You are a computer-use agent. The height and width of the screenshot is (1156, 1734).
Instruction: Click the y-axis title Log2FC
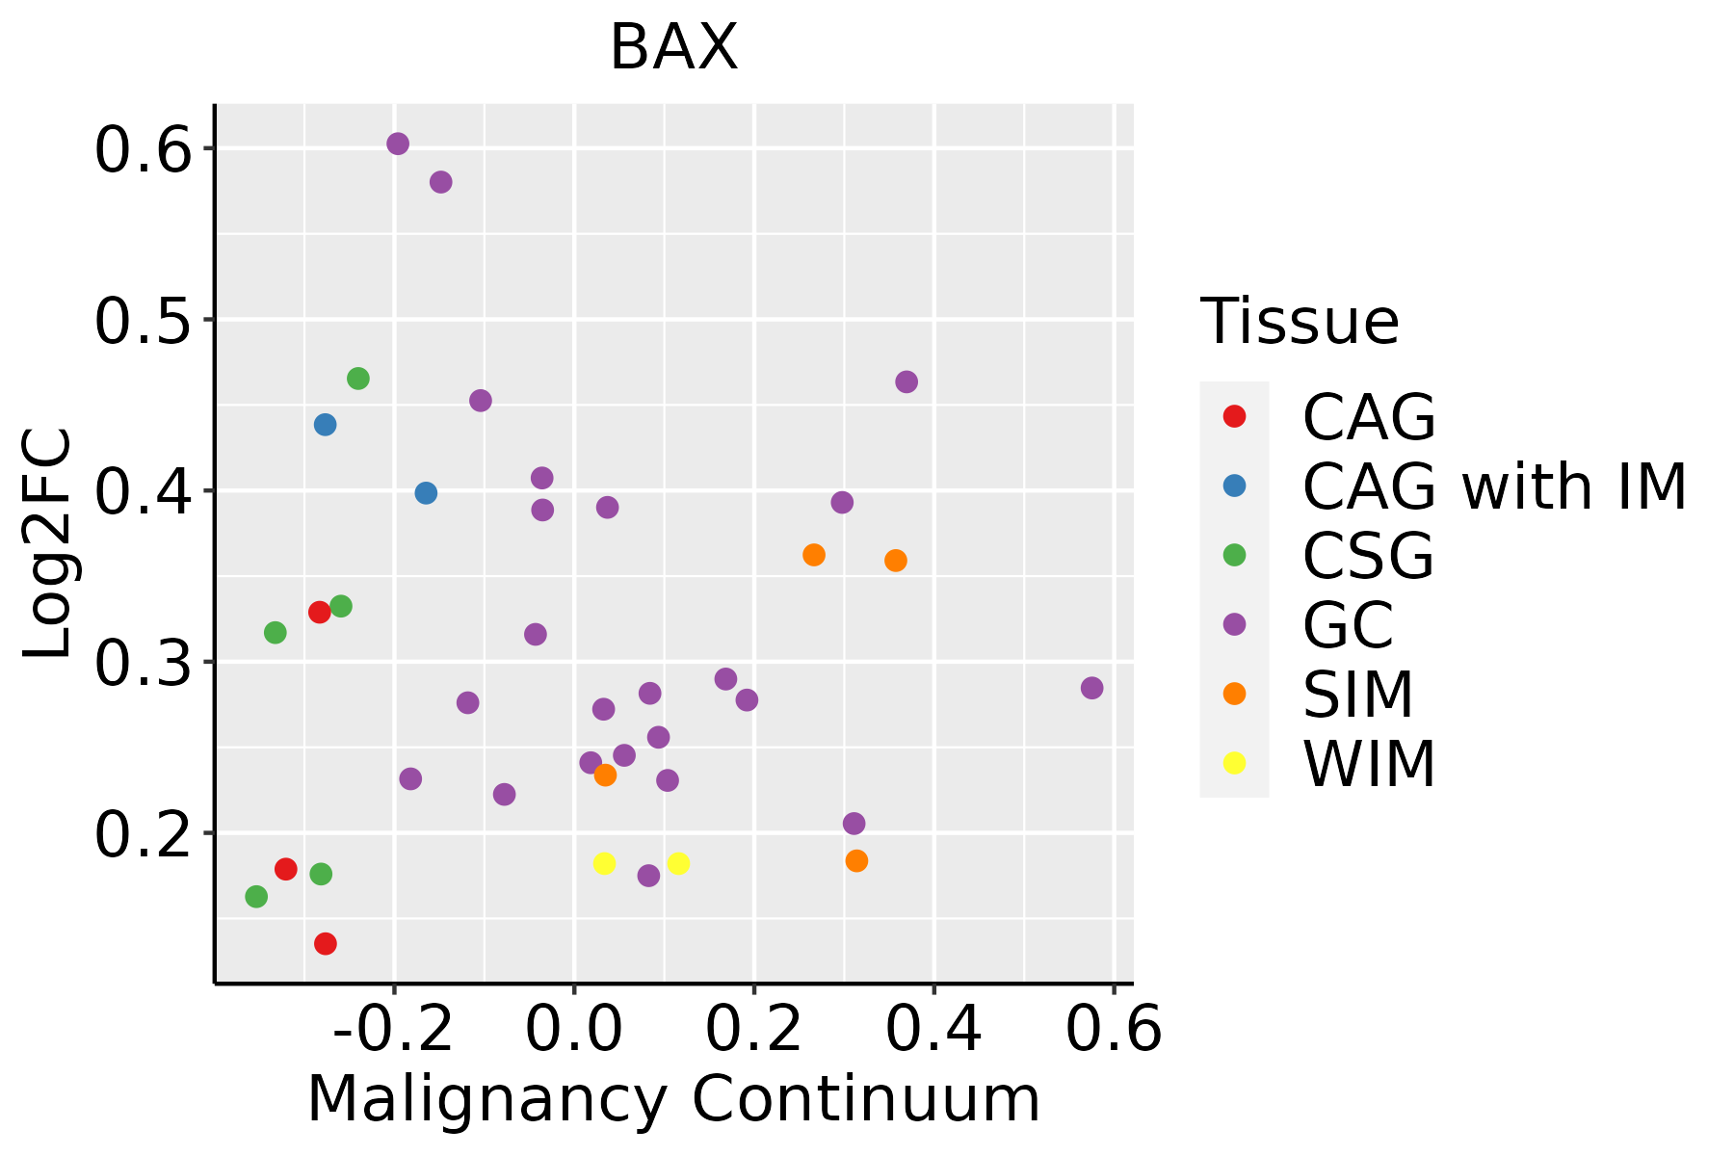pos(48,544)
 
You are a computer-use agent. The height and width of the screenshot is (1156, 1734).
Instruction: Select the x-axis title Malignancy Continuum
pos(673,1099)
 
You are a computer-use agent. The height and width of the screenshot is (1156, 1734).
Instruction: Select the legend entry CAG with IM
pos(1494,486)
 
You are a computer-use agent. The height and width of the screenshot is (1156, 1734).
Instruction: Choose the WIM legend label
pos(1369,764)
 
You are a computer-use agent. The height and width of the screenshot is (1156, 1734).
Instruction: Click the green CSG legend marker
pos(1234,555)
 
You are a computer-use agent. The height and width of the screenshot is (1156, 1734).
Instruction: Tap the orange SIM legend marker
pos(1234,694)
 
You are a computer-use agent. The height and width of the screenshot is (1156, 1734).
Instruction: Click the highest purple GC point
pos(398,144)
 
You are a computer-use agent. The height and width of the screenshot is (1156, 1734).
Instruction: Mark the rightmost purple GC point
pos(1091,688)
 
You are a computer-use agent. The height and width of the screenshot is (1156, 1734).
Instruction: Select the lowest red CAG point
pos(326,943)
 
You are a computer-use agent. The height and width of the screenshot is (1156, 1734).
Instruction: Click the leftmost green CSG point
pos(256,897)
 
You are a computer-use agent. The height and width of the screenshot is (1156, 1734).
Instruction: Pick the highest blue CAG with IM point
pos(326,425)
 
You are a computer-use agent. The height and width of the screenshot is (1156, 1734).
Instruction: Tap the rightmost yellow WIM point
pos(678,863)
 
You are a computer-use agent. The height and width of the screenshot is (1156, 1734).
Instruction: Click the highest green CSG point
pos(358,379)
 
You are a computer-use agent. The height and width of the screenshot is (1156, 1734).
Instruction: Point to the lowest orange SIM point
pos(856,861)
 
